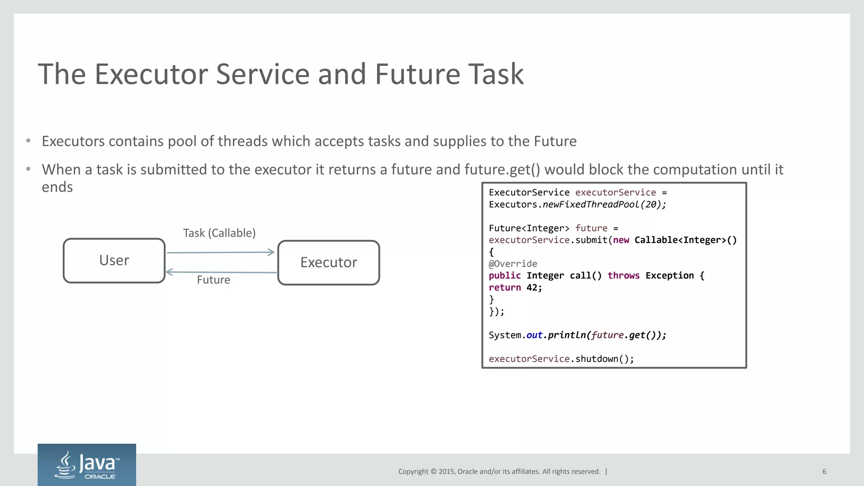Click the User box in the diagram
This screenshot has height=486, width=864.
point(114,261)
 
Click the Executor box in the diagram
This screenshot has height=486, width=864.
point(329,262)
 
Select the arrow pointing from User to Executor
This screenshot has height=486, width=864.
point(221,252)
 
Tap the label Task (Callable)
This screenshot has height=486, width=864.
point(219,233)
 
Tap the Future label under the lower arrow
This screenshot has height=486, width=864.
point(213,280)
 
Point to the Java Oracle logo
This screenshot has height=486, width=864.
point(87,464)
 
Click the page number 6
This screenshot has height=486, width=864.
point(824,472)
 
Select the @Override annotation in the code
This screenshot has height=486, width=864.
point(513,264)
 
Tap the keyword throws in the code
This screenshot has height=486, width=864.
point(623,275)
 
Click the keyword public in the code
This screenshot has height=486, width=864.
point(505,275)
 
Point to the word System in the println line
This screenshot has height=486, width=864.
point(505,335)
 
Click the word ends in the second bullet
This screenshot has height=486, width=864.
point(57,187)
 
